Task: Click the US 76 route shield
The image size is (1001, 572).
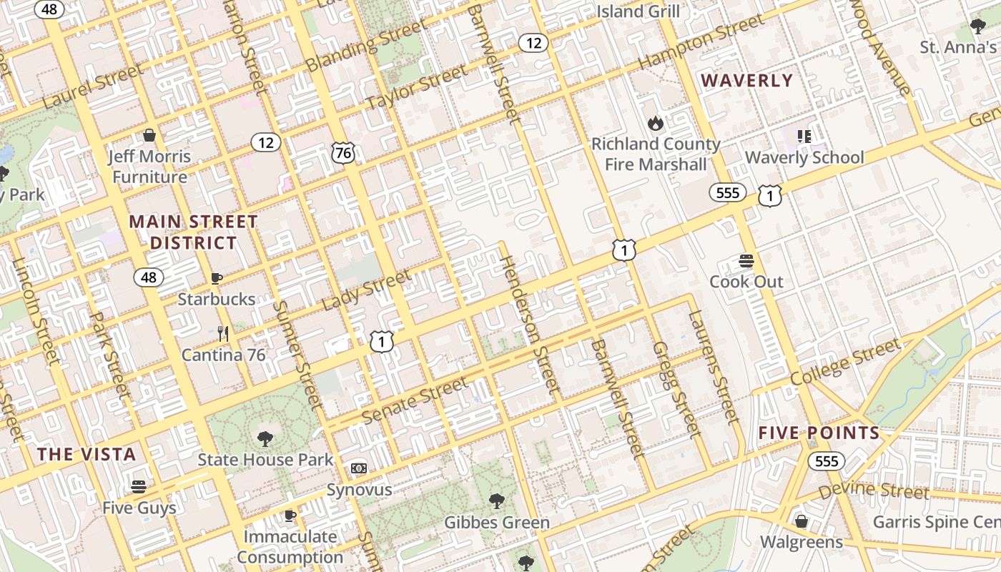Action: point(343,152)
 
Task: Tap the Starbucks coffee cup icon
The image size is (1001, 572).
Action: point(217,278)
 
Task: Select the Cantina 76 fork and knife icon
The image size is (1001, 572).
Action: point(223,333)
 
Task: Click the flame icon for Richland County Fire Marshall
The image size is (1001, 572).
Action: point(655,123)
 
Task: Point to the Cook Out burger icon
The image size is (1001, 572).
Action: point(746,260)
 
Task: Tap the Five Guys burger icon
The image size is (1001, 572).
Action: point(139,487)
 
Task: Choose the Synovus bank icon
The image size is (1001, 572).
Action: point(359,468)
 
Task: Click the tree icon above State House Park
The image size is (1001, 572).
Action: point(265,438)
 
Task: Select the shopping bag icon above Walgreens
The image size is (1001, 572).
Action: point(802,521)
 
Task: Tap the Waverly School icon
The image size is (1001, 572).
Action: point(804,136)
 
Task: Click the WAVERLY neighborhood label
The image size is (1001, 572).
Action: point(747,81)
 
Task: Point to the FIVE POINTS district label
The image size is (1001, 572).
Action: point(819,433)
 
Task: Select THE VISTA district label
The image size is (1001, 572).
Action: point(87,454)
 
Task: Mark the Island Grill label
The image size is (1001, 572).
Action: point(638,11)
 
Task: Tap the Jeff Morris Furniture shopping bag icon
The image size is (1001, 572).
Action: point(149,135)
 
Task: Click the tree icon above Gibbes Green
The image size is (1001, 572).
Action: point(497,500)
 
